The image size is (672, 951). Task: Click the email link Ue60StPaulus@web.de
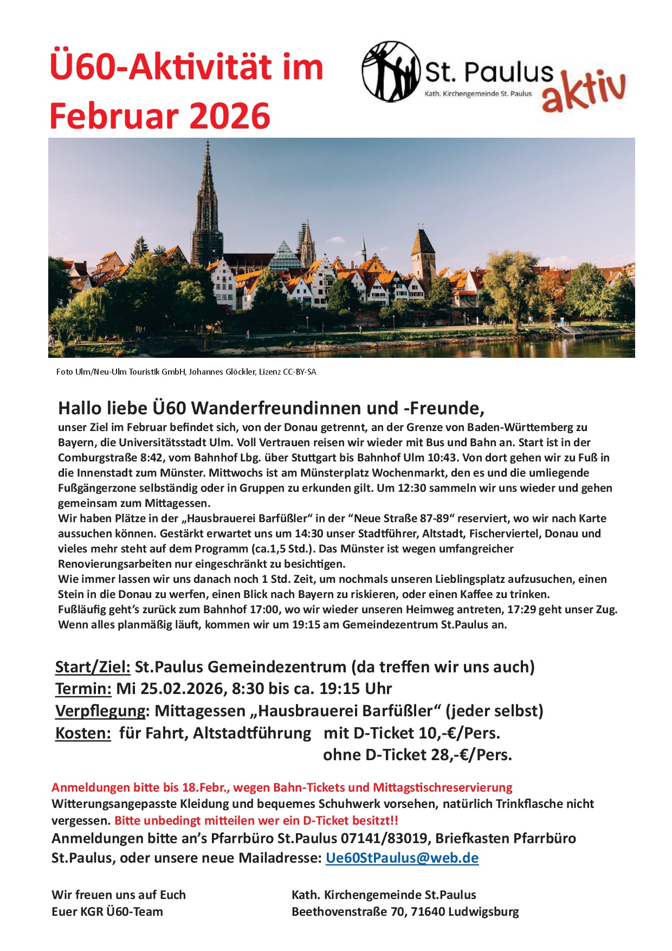[x=402, y=858]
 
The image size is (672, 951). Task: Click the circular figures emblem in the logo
[x=391, y=72]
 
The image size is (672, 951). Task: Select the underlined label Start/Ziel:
[x=93, y=667]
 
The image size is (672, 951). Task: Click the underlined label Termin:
[x=83, y=689]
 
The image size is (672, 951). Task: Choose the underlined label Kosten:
[x=83, y=733]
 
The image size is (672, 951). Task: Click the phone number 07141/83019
[x=384, y=838]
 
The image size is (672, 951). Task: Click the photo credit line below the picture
[x=186, y=372]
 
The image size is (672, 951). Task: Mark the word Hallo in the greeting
[x=80, y=408]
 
